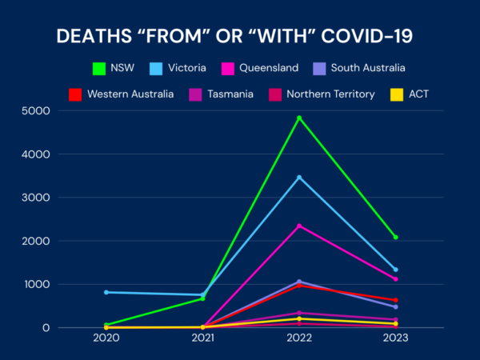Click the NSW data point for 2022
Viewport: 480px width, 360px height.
click(x=299, y=118)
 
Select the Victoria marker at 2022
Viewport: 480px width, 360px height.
click(x=299, y=178)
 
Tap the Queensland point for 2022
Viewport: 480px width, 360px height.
click(x=299, y=226)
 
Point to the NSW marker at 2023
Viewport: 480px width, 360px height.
click(x=395, y=238)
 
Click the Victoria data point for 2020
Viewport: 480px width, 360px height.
click(x=106, y=292)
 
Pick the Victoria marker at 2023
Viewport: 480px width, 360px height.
click(x=395, y=270)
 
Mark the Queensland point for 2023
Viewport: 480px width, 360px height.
click(x=395, y=279)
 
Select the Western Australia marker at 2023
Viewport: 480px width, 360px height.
click(x=395, y=300)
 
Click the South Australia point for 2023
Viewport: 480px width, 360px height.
click(x=395, y=306)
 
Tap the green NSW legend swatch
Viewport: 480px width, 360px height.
click(x=99, y=69)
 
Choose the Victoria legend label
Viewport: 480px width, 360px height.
click(x=186, y=68)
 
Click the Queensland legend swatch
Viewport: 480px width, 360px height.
click(x=228, y=69)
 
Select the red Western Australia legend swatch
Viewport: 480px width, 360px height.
click(x=75, y=94)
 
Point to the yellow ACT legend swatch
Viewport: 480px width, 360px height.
click(x=397, y=94)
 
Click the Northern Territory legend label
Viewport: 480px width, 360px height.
click(x=330, y=94)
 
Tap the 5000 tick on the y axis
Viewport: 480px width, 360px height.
click(x=35, y=111)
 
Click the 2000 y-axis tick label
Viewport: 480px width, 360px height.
click(x=35, y=241)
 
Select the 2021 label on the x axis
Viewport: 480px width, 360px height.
click(x=202, y=338)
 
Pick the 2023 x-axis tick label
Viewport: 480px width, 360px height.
click(x=395, y=338)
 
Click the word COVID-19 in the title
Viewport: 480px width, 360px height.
click(x=366, y=36)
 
